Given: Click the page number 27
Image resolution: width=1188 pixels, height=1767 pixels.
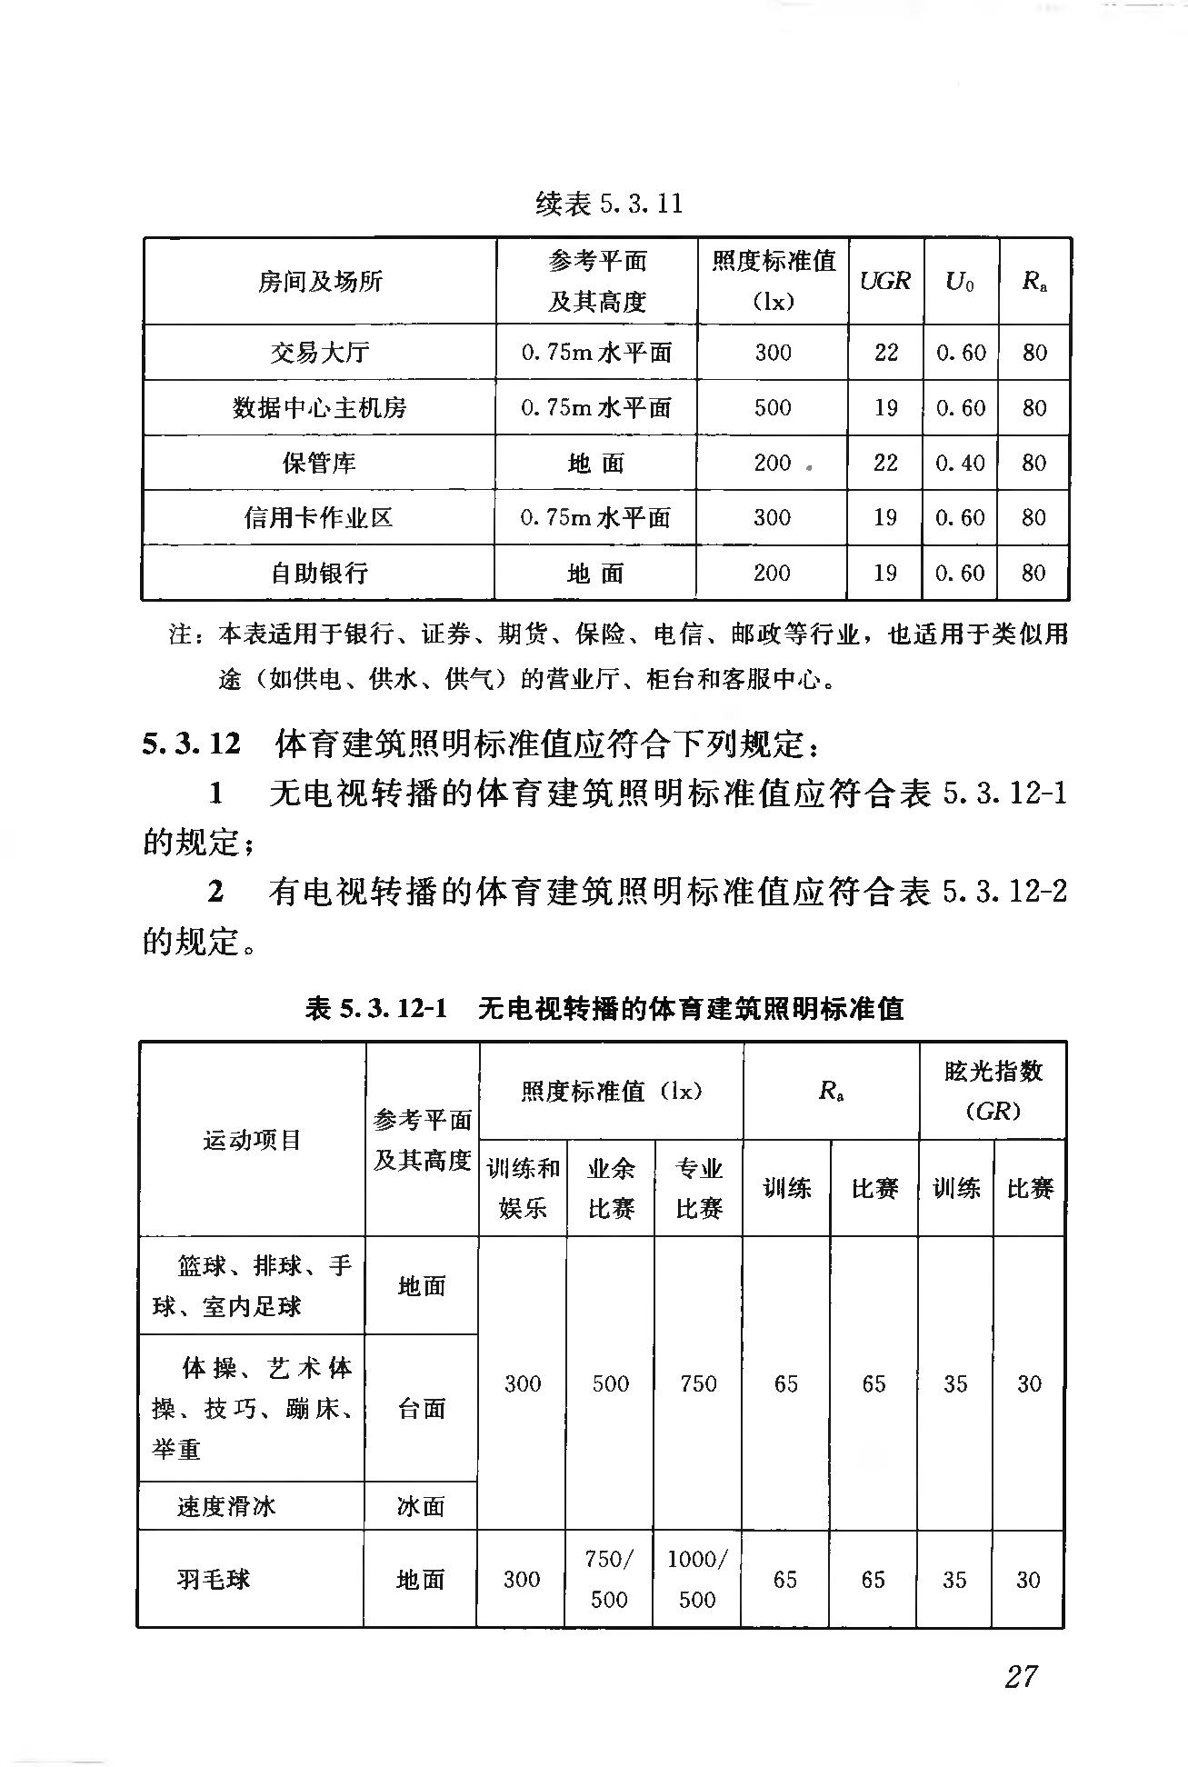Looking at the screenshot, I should click(1021, 1675).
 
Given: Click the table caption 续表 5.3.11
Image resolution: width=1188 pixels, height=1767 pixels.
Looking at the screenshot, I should click(608, 204).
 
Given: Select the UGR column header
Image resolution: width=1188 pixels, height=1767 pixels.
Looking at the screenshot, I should click(884, 281).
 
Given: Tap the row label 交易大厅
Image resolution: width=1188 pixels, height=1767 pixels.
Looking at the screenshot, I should click(319, 353).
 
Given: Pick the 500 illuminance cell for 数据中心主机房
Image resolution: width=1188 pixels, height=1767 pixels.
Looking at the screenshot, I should click(772, 408).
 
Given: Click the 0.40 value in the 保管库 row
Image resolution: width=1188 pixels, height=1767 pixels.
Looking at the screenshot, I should click(960, 463).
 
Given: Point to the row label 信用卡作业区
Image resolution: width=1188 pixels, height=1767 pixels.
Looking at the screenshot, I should click(318, 518).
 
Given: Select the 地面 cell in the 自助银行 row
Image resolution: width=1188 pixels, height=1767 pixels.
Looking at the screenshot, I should click(595, 574).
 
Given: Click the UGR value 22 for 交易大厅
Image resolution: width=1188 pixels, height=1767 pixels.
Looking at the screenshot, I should click(885, 353).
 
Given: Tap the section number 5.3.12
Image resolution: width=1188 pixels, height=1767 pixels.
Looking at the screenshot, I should click(191, 744).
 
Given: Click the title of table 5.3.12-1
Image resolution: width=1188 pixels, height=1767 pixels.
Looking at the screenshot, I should click(604, 1008).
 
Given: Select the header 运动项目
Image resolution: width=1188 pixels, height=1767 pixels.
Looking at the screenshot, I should click(252, 1140).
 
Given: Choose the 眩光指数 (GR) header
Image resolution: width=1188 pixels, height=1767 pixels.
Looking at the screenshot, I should click(992, 1090).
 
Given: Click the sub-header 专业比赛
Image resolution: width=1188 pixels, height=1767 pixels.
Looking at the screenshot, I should click(698, 1188).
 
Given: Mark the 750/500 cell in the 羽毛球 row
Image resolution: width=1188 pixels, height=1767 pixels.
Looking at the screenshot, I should click(609, 1579).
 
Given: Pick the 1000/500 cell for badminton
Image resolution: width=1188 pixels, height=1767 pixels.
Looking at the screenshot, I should click(697, 1579).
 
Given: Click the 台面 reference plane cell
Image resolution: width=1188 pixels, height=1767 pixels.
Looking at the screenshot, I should click(422, 1409).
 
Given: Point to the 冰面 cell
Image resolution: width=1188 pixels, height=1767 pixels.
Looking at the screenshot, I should click(421, 1506).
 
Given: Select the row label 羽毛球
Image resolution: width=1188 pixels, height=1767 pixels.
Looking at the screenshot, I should click(214, 1579).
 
